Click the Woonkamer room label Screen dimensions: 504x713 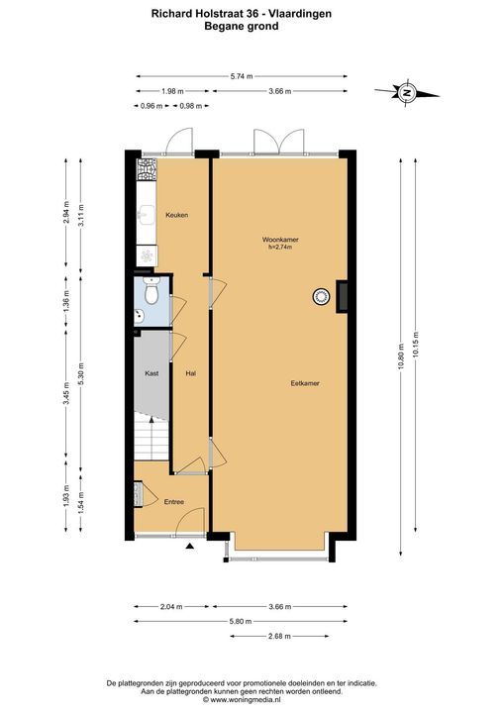point(280,240)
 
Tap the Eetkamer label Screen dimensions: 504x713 point(305,383)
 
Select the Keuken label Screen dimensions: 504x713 point(177,215)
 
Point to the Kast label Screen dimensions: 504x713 point(151,373)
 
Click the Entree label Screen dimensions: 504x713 point(174,501)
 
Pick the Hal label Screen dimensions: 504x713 point(190,373)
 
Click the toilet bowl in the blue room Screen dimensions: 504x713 point(151,291)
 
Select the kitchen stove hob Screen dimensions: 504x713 point(148,169)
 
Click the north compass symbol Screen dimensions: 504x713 point(406,93)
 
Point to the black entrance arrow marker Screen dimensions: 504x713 point(190,547)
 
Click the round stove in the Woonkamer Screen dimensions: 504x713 point(321,297)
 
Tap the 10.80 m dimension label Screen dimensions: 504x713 point(401,356)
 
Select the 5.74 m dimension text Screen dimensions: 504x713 point(242,76)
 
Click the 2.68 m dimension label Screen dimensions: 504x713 point(279,636)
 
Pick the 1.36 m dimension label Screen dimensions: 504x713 point(66,302)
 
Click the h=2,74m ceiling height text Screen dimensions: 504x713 point(280,247)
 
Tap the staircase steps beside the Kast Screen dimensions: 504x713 point(151,440)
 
